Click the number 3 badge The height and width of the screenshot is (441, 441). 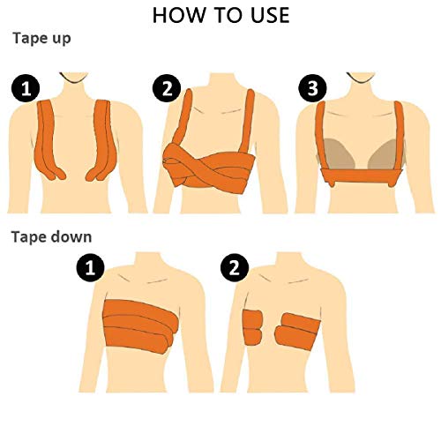pyautogui.click(x=309, y=88)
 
